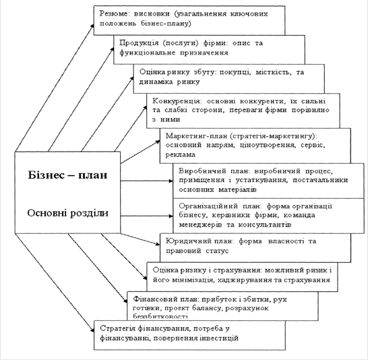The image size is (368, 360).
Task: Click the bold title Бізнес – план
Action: [67, 175]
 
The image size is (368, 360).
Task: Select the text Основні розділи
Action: [68, 213]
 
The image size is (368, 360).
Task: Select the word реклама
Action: [180, 155]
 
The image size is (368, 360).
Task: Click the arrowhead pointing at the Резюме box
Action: [92, 26]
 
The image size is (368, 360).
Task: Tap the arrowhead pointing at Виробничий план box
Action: [171, 181]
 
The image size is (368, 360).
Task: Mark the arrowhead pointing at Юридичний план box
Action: [158, 243]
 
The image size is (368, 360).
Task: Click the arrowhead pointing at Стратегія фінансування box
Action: [92, 330]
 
